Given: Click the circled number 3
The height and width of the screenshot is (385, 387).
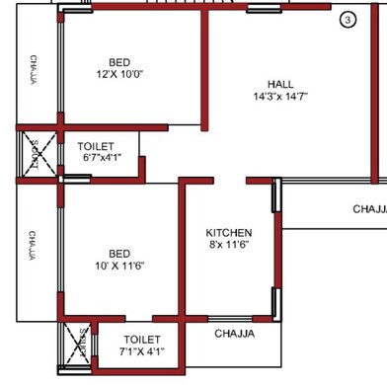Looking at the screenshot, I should (348, 20).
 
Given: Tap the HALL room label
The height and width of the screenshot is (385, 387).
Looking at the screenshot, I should (280, 84).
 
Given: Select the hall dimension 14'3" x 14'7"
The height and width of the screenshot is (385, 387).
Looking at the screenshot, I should (280, 97).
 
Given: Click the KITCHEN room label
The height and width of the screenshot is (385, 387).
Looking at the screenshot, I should (229, 233).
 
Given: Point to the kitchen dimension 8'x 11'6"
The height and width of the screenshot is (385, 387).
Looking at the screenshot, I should (229, 245).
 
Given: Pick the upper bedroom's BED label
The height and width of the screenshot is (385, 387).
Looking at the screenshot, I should (119, 61).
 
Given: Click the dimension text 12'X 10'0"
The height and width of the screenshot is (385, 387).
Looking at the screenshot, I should (119, 74).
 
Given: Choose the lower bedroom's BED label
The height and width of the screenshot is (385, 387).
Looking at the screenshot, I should (119, 254).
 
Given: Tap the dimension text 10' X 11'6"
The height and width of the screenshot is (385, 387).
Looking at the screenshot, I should (119, 267).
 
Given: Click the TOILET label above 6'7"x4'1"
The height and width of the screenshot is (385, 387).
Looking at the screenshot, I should (96, 146).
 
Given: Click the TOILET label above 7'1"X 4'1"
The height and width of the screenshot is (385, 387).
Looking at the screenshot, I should (142, 340).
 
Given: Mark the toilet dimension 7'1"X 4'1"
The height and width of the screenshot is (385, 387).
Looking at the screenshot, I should (142, 351).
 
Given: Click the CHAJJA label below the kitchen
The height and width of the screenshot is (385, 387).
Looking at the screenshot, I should (234, 334).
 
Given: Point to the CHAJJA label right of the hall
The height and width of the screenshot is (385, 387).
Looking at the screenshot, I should (368, 209).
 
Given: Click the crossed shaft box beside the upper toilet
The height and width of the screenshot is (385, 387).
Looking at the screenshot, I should (38, 155).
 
